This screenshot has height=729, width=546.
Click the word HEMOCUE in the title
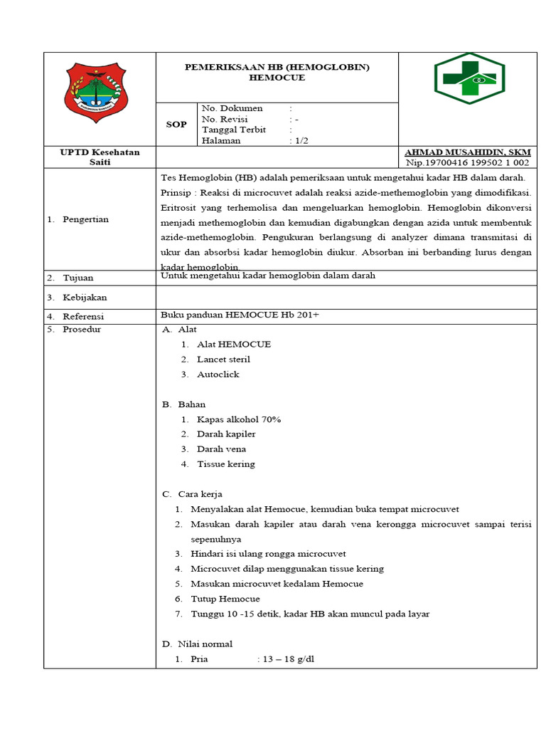click(x=277, y=78)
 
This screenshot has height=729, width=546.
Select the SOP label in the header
click(x=176, y=125)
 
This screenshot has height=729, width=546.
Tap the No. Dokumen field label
click(x=232, y=108)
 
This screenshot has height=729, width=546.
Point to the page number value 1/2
click(x=299, y=141)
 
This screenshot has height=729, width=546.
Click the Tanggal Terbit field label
click(x=234, y=130)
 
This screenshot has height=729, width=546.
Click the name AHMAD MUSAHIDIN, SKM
click(x=467, y=152)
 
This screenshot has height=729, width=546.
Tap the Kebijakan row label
click(x=85, y=298)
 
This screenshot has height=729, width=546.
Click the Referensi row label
click(x=83, y=316)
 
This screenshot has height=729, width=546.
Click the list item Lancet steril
click(x=223, y=360)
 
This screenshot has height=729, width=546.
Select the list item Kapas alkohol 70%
click(x=239, y=419)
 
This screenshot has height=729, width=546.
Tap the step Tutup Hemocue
click(x=225, y=599)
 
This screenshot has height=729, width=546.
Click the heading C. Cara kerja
click(x=193, y=494)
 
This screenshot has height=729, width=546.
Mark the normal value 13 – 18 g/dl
click(x=288, y=659)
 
